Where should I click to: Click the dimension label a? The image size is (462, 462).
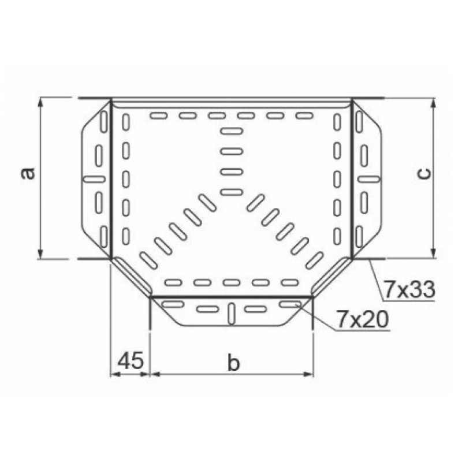point(28,173)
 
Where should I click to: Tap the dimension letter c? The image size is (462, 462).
point(424,173)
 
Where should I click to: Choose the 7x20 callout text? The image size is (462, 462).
point(362,319)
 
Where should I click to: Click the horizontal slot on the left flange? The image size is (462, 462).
point(94,178)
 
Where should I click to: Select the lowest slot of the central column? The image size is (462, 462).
point(231,191)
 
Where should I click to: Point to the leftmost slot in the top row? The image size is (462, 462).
point(158,116)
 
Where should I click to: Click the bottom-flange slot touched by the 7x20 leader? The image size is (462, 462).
point(287,304)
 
